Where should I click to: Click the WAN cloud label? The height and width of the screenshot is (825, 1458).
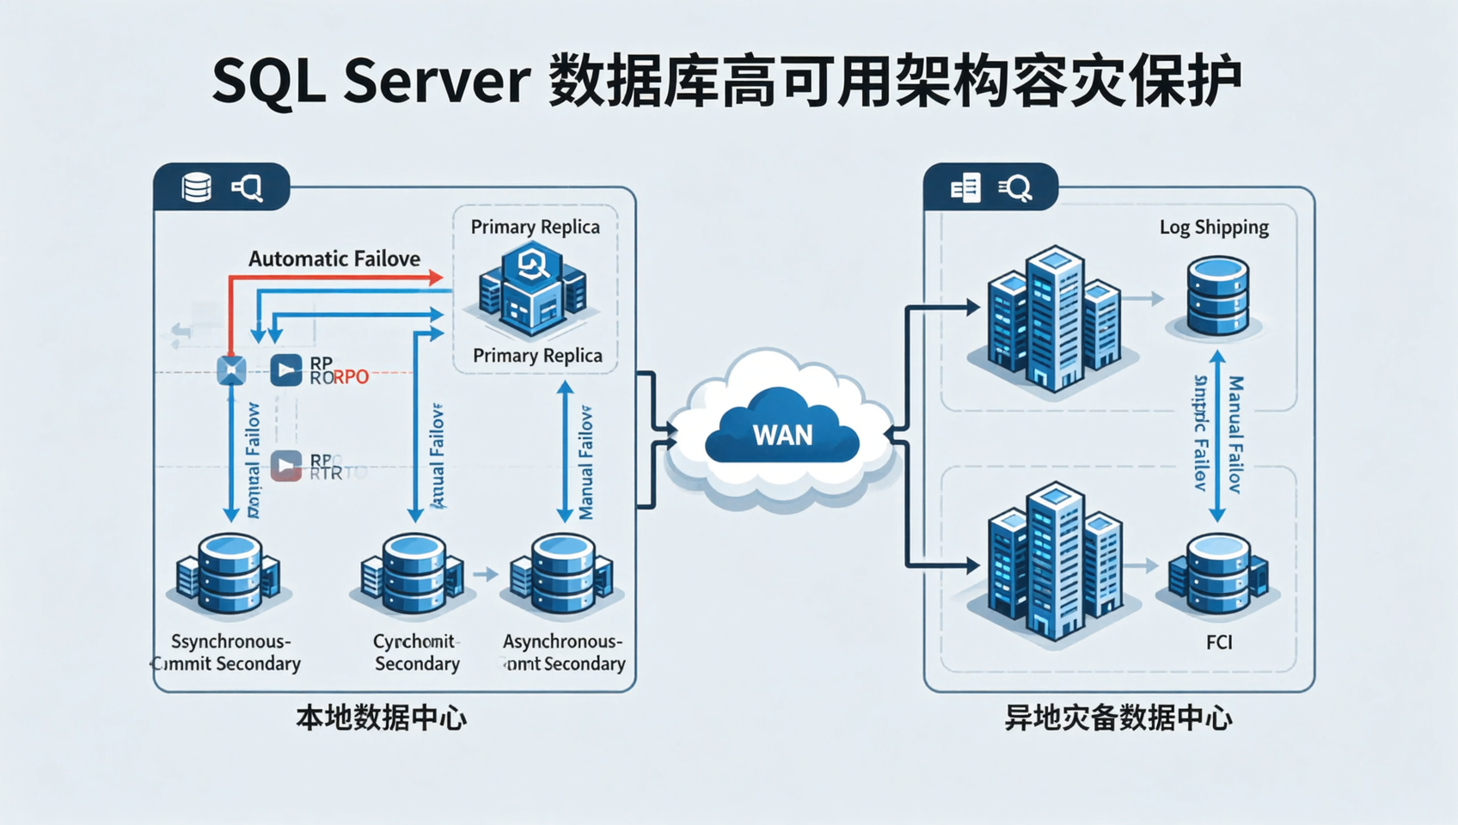(x=782, y=435)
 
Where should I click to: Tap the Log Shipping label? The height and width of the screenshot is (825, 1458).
(x=1214, y=227)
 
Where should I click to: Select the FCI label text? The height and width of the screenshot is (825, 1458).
(x=1219, y=642)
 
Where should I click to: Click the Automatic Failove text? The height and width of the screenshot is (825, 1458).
(x=334, y=259)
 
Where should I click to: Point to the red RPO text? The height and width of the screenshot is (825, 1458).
(x=351, y=377)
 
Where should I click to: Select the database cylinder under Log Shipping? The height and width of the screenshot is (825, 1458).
(x=1217, y=296)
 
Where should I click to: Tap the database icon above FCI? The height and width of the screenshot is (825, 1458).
(x=1217, y=573)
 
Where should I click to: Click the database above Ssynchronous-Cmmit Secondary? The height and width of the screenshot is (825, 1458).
(x=229, y=573)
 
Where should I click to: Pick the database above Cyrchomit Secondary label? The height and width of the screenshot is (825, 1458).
(x=414, y=573)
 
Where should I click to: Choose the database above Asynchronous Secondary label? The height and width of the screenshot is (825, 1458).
(x=562, y=573)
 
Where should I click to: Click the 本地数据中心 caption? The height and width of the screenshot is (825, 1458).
(x=381, y=718)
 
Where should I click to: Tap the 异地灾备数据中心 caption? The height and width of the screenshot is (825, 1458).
(x=1118, y=718)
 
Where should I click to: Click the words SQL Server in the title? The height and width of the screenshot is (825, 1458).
(x=370, y=82)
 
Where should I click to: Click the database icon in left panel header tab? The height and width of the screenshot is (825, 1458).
(x=197, y=186)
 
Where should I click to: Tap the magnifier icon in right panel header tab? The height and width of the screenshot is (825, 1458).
(x=1016, y=187)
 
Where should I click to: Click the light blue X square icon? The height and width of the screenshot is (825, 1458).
(x=231, y=370)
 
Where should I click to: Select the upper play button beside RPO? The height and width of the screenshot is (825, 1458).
(x=286, y=370)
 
